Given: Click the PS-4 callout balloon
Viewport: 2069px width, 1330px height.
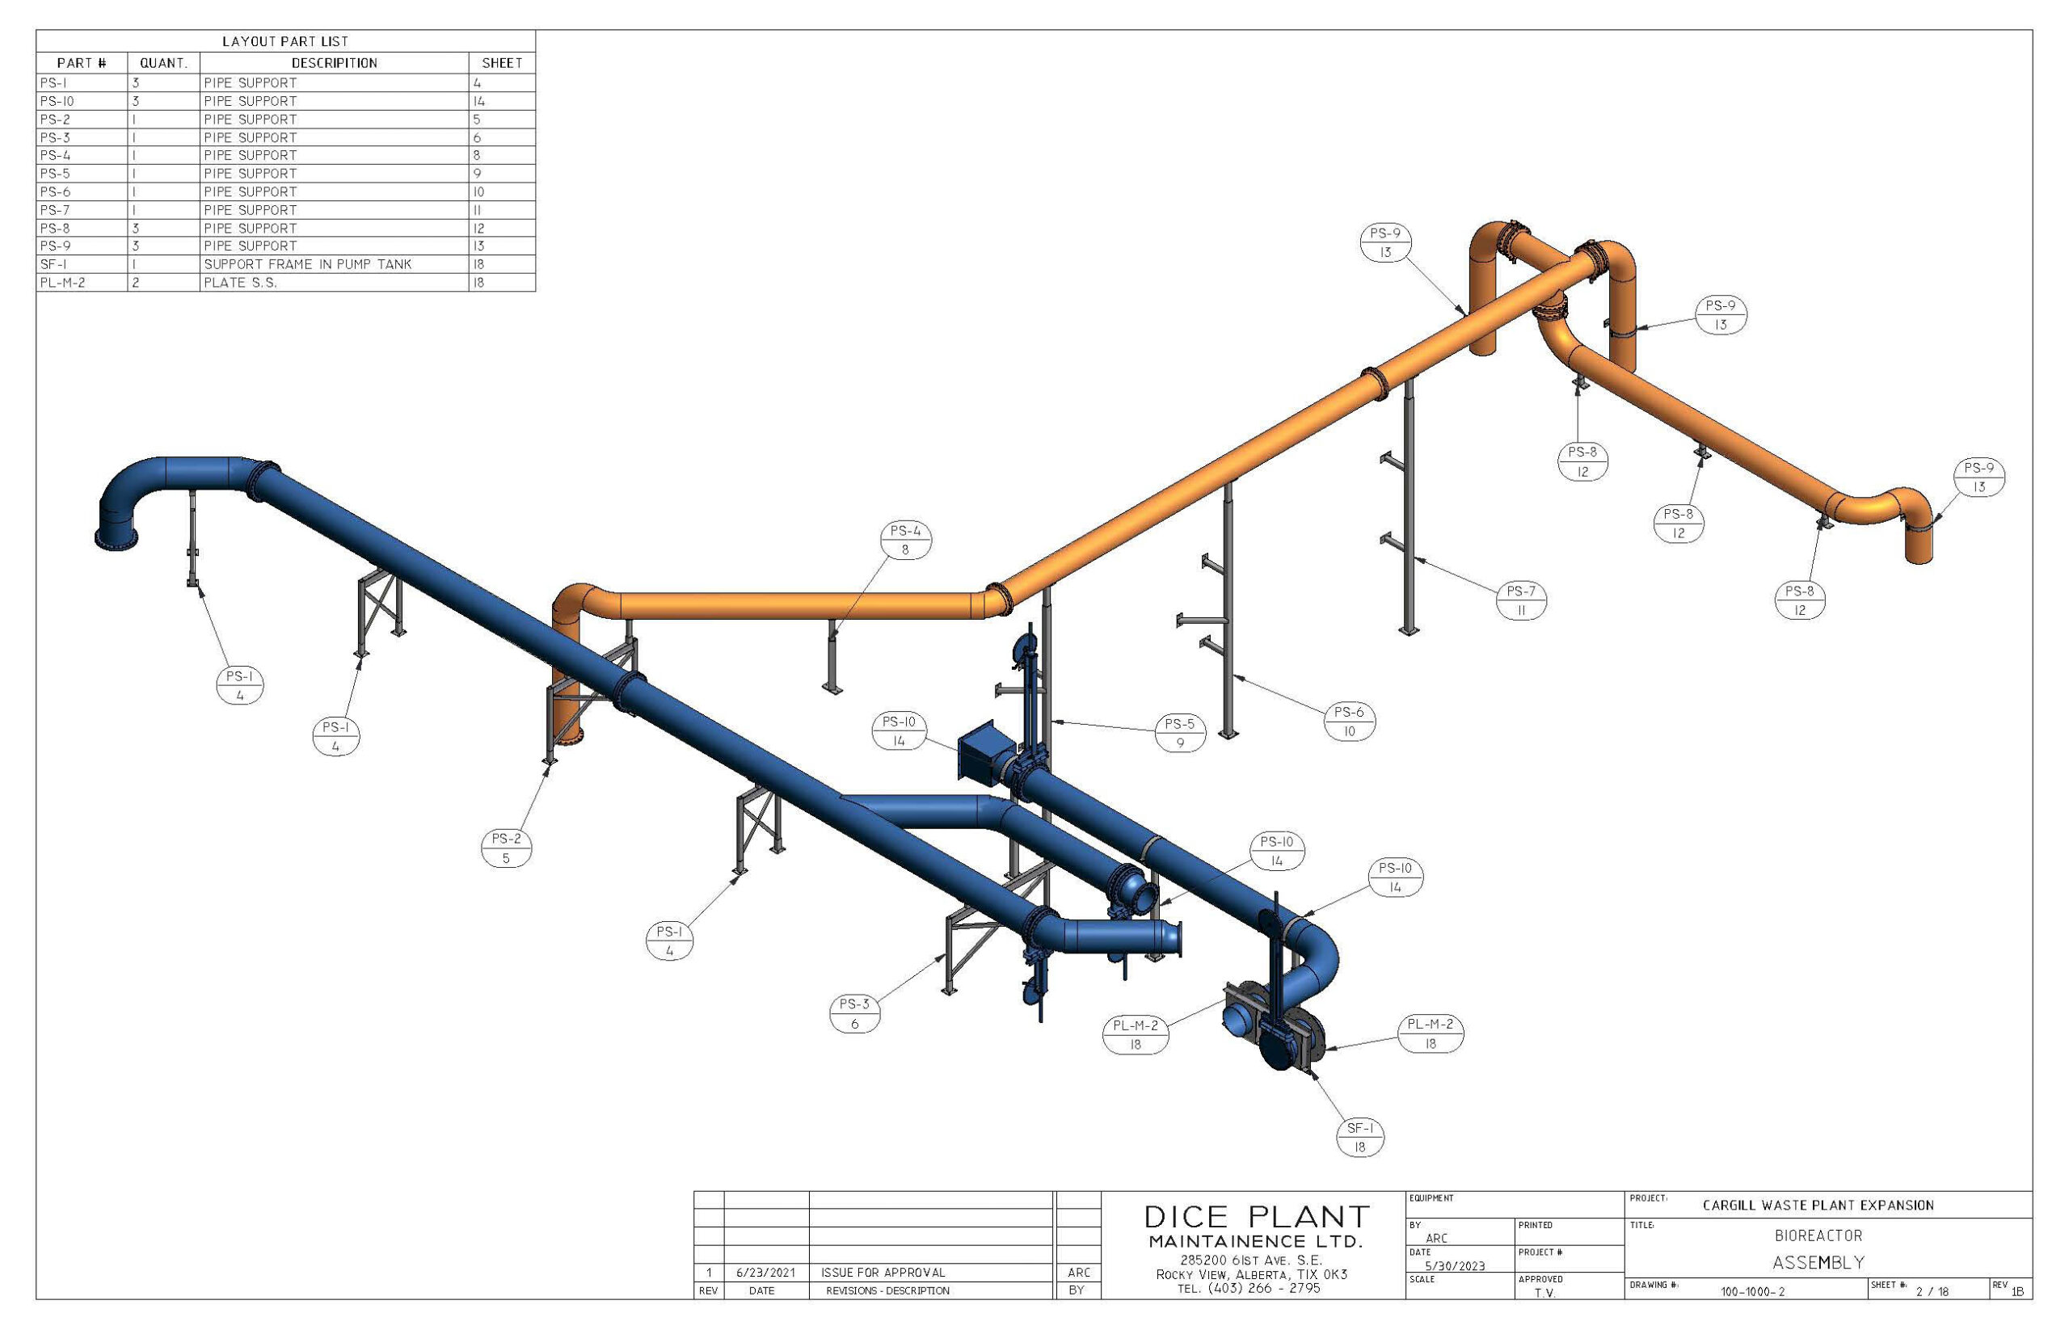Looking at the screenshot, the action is click(x=905, y=540).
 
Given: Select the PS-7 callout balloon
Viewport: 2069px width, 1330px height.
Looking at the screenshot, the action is click(x=1520, y=600).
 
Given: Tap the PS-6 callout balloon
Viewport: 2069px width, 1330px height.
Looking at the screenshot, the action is click(x=1349, y=721).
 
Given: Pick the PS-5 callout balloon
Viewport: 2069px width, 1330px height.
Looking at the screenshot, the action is click(x=1179, y=733).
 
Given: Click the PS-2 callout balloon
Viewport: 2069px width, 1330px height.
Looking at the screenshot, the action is click(x=506, y=848).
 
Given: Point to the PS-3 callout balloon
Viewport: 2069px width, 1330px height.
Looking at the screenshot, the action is click(x=854, y=1013).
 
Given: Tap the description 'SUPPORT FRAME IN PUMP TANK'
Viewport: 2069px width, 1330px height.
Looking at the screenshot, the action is click(x=308, y=264).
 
